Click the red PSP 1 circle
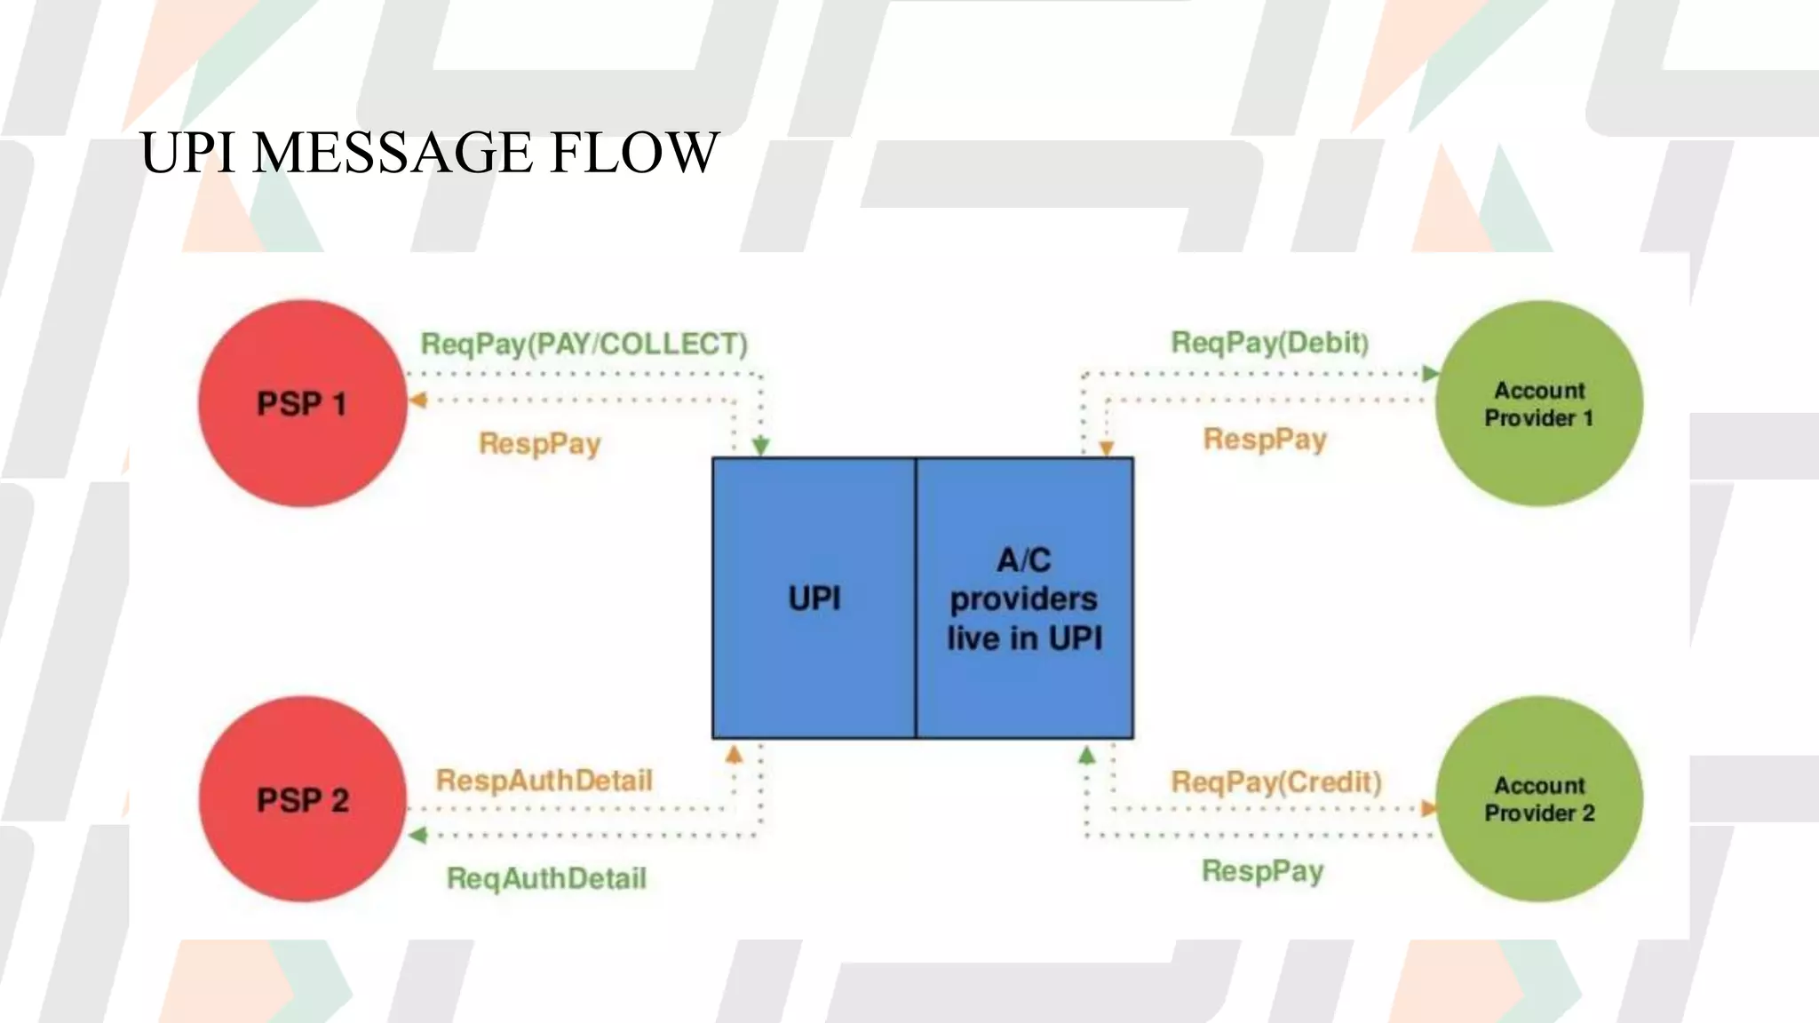point(302,404)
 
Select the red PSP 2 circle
point(302,799)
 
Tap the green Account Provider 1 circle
point(1538,404)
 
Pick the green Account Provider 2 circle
point(1538,799)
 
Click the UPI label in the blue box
point(814,599)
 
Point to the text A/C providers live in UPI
point(1024,599)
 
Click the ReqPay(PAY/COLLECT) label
point(584,344)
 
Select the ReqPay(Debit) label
point(1269,342)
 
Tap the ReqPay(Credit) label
point(1276,781)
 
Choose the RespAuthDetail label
point(544,781)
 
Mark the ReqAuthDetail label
point(546,878)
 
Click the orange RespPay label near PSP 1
point(539,443)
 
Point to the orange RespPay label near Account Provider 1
point(1265,439)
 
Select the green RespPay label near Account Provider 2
point(1262,870)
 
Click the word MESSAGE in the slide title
point(393,152)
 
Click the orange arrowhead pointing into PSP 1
point(418,400)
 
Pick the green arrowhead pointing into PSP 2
point(418,835)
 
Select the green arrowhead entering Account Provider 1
point(1430,373)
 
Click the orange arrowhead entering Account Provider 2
point(1428,808)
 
